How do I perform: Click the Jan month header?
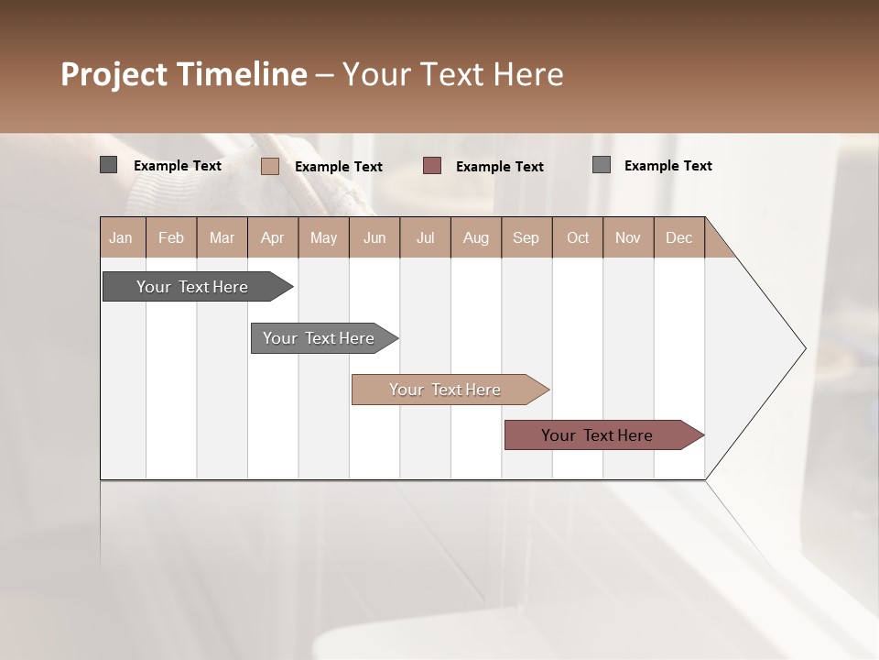[x=122, y=237]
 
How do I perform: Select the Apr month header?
[x=273, y=237]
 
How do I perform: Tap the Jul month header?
[x=425, y=237]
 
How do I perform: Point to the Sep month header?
[x=526, y=237]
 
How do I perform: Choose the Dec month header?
[x=678, y=237]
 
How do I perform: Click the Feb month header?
[x=171, y=237]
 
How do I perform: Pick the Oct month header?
[x=578, y=237]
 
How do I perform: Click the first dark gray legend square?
[x=108, y=165]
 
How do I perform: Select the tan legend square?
[x=269, y=166]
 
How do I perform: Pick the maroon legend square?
[x=432, y=165]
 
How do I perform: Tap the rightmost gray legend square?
[x=602, y=164]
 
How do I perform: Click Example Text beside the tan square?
[x=339, y=167]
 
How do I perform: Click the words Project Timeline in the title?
[x=183, y=74]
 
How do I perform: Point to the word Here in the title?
[x=528, y=74]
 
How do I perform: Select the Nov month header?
[x=628, y=237]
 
